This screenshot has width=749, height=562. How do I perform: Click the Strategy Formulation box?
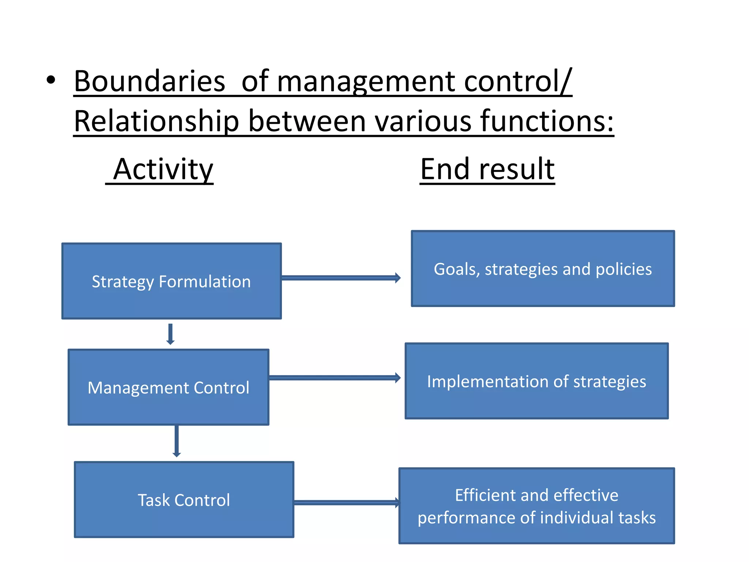[x=172, y=281]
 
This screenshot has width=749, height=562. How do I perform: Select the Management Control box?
[x=169, y=387]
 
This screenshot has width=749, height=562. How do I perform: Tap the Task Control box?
[x=184, y=499]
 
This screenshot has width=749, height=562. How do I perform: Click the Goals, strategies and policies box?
[x=543, y=269]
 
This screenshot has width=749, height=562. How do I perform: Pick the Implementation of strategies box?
[x=537, y=381]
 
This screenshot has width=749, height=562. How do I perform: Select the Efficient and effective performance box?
[x=537, y=506]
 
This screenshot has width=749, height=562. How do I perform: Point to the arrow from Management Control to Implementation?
[x=334, y=378]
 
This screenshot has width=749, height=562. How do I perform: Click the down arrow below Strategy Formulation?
[x=170, y=334]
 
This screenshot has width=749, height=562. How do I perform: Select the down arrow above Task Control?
[x=177, y=441]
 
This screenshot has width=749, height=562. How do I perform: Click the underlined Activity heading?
[x=163, y=169]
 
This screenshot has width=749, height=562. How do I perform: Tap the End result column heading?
[x=487, y=169]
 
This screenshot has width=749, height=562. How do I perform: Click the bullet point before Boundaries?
[x=51, y=80]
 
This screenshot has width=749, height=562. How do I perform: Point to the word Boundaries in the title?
[x=149, y=81]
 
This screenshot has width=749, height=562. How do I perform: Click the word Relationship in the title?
[x=157, y=121]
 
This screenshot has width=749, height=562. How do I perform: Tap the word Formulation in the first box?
[x=205, y=282]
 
